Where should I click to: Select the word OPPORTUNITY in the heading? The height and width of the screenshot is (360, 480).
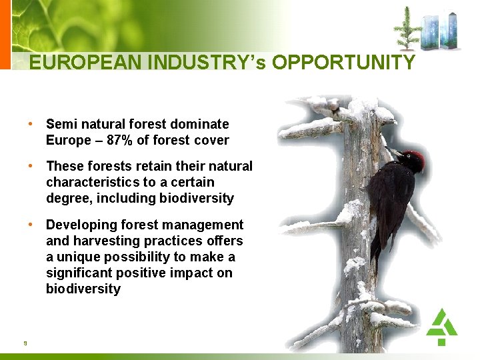[344, 63]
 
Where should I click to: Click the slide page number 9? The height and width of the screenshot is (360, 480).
[25, 343]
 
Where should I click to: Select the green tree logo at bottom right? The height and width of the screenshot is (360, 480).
[441, 326]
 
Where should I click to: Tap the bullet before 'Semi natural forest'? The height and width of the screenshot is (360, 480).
[31, 124]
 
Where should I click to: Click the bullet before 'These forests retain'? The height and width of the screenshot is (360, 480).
[31, 166]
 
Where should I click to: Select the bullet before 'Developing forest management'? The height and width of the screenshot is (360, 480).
[31, 225]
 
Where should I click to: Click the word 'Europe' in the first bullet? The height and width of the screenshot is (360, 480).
[67, 140]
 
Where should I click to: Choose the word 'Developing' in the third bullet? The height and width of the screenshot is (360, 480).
[80, 225]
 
